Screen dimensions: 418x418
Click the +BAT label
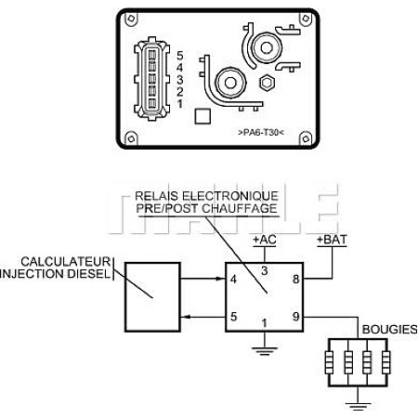point(332,240)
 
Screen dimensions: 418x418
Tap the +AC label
point(265,240)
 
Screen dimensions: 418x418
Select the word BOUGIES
point(389,330)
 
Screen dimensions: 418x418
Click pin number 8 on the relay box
point(296,279)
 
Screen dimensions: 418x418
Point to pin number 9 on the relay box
point(296,317)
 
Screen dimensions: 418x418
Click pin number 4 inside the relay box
point(233,279)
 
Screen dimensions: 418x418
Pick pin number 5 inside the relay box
point(234,317)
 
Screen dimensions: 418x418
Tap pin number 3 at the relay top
point(264,271)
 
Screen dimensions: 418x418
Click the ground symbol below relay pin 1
point(265,351)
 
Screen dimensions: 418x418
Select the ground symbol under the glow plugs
point(358,406)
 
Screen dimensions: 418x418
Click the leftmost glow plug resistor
point(329,362)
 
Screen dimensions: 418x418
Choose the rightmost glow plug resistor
point(385,362)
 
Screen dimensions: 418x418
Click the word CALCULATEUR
point(66,262)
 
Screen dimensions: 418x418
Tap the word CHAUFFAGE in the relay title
point(240,208)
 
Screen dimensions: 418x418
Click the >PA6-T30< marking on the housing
point(261,133)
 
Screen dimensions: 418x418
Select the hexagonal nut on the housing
point(267,83)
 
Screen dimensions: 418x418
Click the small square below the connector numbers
point(202,116)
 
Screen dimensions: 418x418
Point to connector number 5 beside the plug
point(180,56)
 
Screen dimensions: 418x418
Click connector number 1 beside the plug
point(180,104)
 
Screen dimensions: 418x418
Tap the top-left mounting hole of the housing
point(131,19)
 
